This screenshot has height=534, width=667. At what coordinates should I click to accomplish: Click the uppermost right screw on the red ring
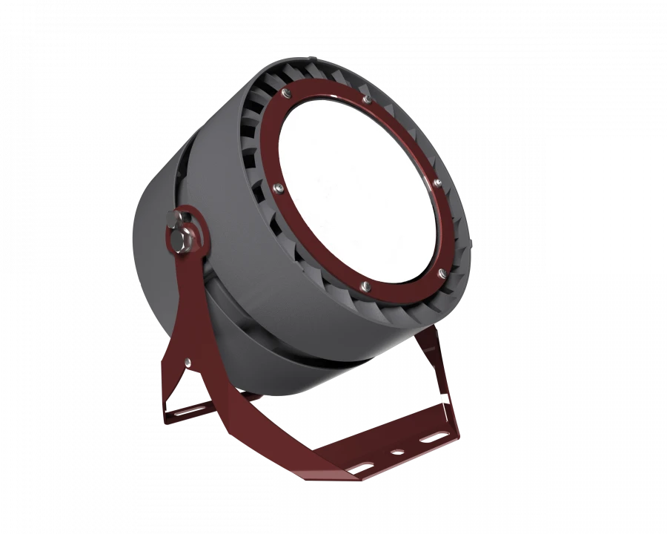pos(367,98)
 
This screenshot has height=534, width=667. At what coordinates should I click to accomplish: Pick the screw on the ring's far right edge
pos(437,182)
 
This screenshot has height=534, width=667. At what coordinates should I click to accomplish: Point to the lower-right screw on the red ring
pos(442,274)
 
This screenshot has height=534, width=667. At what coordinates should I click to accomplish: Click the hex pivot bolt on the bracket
pos(180,241)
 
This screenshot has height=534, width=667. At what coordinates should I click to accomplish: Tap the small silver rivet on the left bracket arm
pos(188,362)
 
